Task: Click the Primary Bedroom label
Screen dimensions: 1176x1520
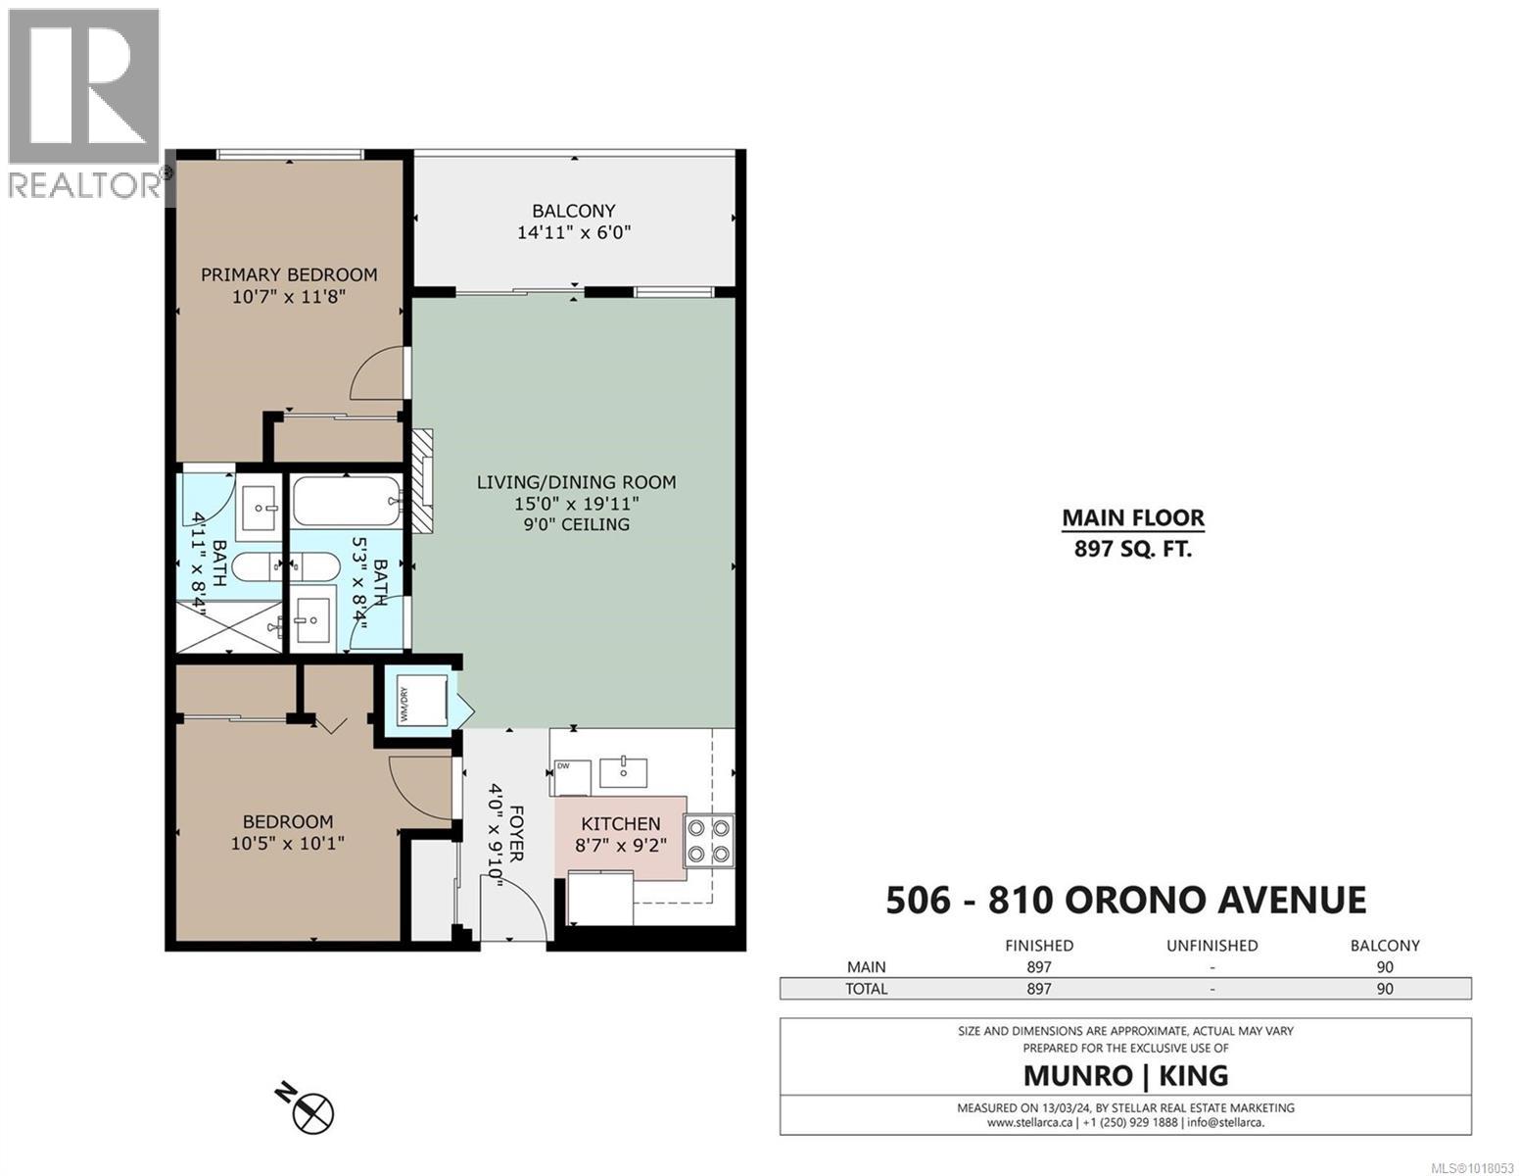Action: [289, 274]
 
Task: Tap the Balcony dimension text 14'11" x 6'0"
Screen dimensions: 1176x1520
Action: [574, 233]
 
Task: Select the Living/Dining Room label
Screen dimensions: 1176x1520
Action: [576, 482]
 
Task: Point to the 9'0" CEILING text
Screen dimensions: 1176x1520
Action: [576, 524]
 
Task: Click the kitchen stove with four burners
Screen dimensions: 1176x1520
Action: [708, 841]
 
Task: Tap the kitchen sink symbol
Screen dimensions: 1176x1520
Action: [623, 771]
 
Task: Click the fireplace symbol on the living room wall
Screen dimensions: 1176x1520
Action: [422, 481]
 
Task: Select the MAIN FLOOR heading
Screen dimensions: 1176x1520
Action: [1133, 517]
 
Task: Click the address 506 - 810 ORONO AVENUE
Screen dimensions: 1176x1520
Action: [1125, 900]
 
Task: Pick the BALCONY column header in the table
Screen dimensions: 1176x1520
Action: [1384, 946]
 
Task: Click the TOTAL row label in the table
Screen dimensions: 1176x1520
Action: [866, 989]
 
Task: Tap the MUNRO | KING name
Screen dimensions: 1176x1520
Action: [1125, 1075]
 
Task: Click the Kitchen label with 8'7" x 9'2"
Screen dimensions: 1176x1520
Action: [620, 833]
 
